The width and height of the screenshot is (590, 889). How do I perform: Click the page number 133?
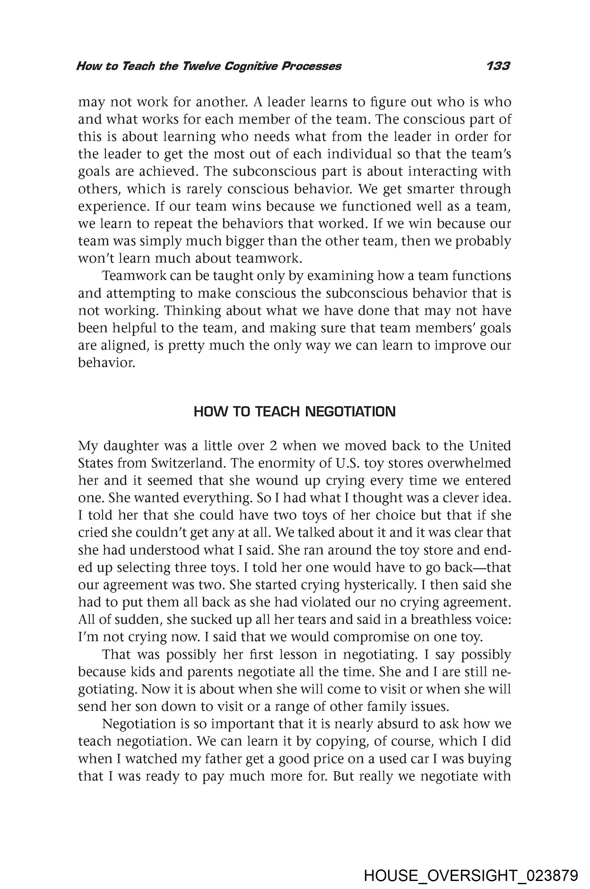click(498, 66)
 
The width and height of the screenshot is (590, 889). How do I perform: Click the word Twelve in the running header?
click(201, 66)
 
